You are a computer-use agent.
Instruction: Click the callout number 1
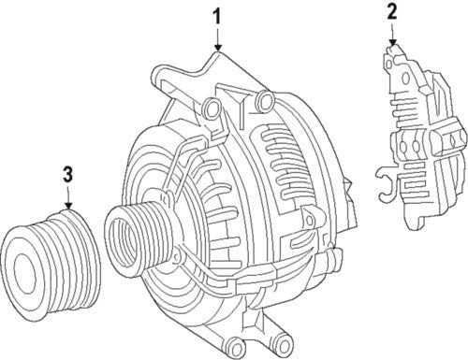click(217, 17)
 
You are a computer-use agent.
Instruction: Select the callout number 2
click(392, 12)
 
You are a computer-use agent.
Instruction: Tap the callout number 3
click(68, 174)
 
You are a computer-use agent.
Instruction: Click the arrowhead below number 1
click(218, 47)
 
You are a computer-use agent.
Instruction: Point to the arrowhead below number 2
click(392, 42)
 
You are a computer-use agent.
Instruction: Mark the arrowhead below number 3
click(68, 205)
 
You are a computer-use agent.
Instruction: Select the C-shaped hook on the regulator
click(387, 183)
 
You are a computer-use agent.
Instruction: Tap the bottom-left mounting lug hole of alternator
click(236, 344)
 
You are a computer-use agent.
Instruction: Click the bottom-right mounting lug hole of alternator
click(285, 344)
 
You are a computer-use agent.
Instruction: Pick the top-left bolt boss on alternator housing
click(212, 108)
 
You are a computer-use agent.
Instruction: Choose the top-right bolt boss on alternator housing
click(266, 100)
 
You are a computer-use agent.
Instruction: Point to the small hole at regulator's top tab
click(388, 64)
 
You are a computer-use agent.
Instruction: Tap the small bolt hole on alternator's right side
click(309, 220)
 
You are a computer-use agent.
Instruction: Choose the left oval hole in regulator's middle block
click(403, 145)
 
